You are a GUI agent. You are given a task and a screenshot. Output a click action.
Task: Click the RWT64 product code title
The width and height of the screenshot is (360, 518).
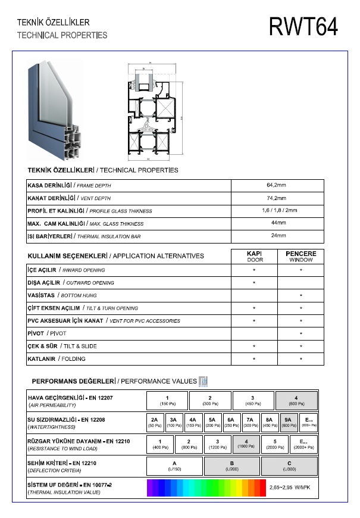pos(303,26)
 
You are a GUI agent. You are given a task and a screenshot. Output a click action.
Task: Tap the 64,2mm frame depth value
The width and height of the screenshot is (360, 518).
pos(277,186)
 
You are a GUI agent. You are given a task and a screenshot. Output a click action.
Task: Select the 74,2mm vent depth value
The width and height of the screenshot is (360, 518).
pos(277,198)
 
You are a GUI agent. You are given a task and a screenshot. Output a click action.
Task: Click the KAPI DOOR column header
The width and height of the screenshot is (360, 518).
pos(254,257)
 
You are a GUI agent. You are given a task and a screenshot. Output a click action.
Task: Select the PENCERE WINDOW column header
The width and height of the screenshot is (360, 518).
pos(301,257)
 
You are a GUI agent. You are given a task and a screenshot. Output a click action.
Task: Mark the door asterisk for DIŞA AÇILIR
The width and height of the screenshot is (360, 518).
pos(254,283)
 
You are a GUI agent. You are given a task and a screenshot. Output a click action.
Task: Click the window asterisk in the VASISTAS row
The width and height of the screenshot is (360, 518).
pos(301,296)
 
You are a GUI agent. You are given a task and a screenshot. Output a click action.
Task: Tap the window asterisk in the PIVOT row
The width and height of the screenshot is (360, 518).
pos(301,334)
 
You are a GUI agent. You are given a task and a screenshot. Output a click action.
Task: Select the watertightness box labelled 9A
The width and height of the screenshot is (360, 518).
pos(288,422)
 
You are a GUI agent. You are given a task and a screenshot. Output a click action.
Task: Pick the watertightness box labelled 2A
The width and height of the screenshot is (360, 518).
pos(154,422)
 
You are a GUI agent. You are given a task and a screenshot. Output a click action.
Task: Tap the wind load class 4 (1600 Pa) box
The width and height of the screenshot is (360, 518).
pos(246,444)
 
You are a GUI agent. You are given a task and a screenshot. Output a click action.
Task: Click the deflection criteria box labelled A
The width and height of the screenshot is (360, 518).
pos(175,465)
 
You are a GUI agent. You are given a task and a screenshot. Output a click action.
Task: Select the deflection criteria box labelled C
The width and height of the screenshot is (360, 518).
pos(289,465)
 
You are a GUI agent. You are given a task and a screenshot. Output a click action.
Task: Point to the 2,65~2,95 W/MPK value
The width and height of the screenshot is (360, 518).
pos(294,487)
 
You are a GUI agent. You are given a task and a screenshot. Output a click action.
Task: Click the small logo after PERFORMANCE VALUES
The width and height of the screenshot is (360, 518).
pos(204,380)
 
